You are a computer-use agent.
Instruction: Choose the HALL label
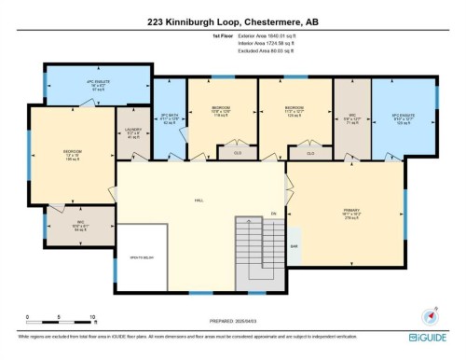199,200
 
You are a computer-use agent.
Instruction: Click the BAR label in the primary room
295,246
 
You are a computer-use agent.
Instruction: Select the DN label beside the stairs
274,214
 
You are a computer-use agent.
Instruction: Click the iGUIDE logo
427,337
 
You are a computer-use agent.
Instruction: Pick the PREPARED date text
232,323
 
